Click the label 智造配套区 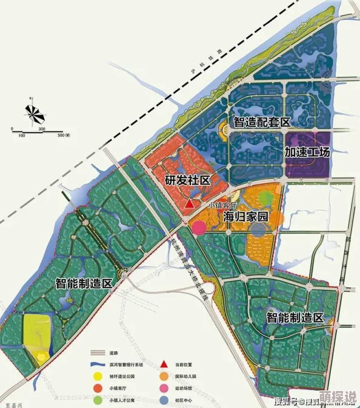[x=262, y=122]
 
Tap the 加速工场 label [x=307, y=152]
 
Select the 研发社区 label [x=187, y=180]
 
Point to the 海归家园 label [x=245, y=216]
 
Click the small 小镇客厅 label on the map [x=221, y=205]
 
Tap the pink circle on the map [x=199, y=228]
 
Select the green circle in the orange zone [x=267, y=198]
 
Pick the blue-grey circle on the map [x=259, y=229]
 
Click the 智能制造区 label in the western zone [x=84, y=283]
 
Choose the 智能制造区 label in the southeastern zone [x=295, y=318]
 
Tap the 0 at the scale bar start [x=12, y=129]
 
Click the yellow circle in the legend [x=97, y=376]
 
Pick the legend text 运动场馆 [x=183, y=387]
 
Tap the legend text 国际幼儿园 [x=185, y=376]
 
